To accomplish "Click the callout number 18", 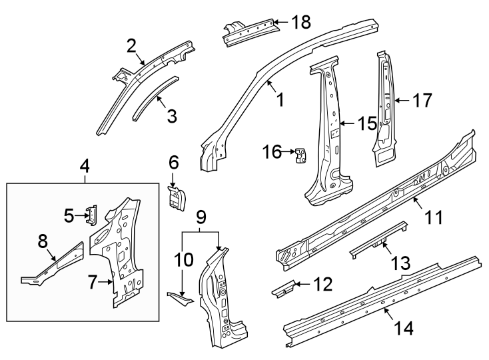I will [301, 22].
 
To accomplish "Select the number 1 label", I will [280, 100].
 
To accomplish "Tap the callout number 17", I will [422, 101].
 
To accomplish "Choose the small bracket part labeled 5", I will [92, 214].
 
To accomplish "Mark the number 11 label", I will [434, 217].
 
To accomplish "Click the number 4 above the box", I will [85, 165].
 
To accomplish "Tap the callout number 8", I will [43, 241].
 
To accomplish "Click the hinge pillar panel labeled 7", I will [123, 260].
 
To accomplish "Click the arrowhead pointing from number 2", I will [143, 65].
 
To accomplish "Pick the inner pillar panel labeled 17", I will [385, 107].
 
